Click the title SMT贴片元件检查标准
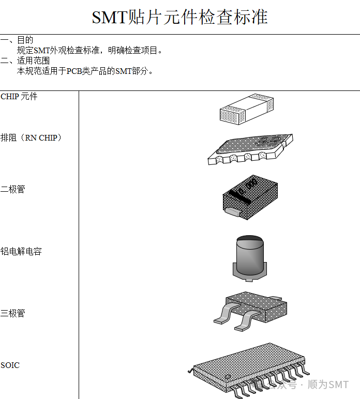coord(179,17)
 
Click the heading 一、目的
coord(17,40)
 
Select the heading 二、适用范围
coord(25,60)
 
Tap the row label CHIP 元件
coord(19,97)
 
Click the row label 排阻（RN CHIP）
coord(31,138)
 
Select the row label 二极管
coord(12,189)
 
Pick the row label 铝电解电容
coord(21,251)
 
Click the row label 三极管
coord(12,313)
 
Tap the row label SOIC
coord(10,365)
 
